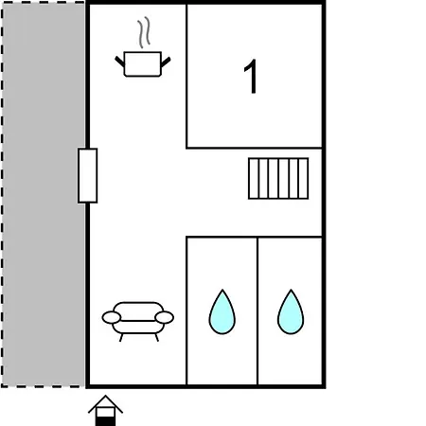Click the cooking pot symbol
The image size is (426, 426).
[143, 64]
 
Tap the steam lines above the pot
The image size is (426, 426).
[144, 32]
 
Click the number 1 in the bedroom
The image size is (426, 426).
[251, 77]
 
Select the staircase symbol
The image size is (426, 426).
[278, 179]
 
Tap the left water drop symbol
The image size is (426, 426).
[222, 312]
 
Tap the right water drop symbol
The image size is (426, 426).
[291, 312]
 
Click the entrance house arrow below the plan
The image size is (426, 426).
[105, 410]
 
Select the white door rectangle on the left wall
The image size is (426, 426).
[88, 175]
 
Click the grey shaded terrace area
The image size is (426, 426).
[44, 194]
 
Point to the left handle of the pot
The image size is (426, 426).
[119, 62]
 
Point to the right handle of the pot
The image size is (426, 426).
[166, 62]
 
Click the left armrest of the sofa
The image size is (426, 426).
[112, 317]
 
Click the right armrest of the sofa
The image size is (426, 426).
[165, 317]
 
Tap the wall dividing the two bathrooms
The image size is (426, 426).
[257, 311]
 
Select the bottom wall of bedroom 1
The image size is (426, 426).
[254, 148]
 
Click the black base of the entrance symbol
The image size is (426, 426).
[105, 421]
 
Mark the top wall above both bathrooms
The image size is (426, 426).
[254, 237]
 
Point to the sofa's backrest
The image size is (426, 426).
[138, 311]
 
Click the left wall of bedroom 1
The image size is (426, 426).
[186, 76]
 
